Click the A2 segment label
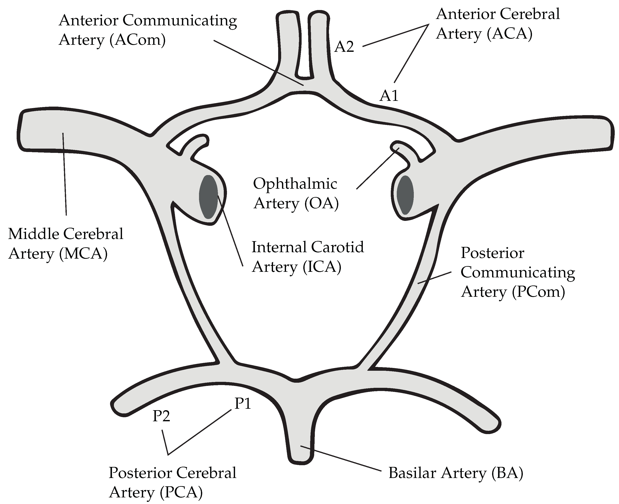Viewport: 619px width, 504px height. coord(344,47)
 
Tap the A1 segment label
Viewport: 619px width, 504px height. coord(389,96)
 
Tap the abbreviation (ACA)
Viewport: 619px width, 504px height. coord(510,34)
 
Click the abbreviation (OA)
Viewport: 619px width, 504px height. coord(322,203)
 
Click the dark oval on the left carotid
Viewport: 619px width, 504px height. coord(208,197)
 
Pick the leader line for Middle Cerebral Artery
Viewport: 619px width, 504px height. coord(64,174)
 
